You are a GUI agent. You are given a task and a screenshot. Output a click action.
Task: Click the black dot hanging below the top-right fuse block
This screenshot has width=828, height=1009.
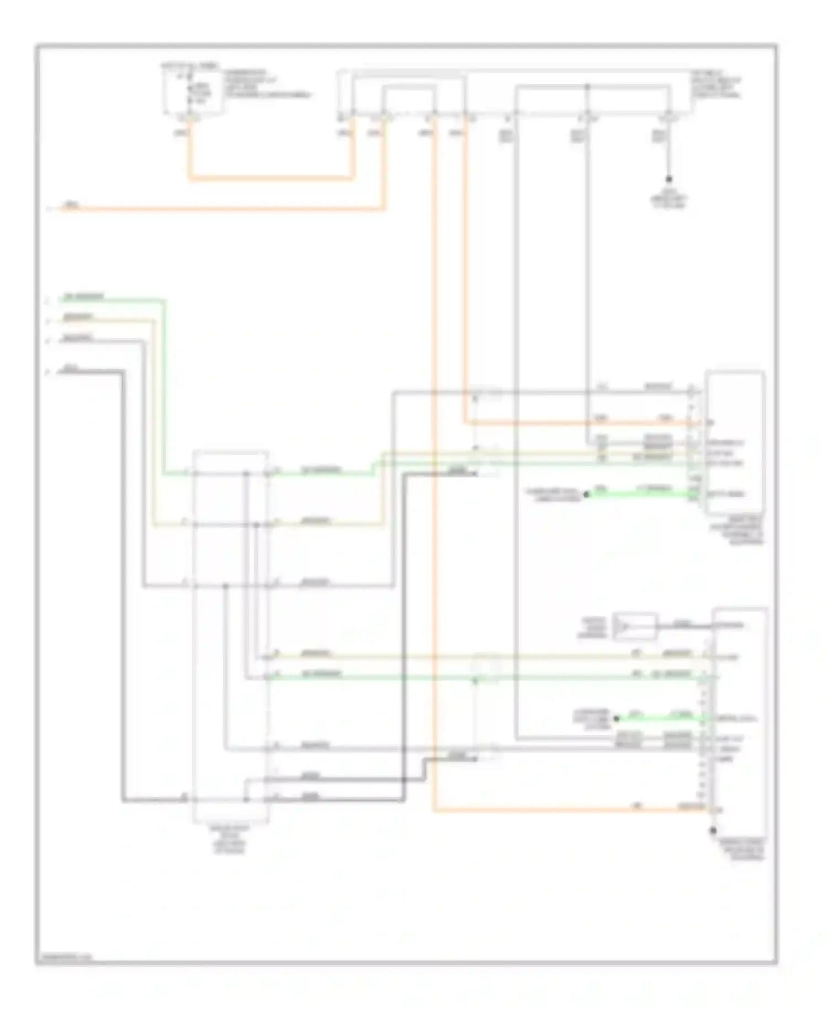[668, 179]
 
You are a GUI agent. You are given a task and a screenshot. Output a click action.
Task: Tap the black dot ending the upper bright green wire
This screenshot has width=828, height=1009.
[586, 495]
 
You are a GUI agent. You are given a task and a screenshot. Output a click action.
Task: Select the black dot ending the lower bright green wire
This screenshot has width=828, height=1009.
[617, 718]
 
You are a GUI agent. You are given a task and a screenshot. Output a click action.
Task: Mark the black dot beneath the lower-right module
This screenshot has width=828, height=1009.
[713, 830]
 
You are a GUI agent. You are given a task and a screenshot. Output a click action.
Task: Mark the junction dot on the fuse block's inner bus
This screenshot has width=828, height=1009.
[587, 87]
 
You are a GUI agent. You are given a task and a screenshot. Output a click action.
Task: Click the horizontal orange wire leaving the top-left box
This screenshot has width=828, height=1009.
[270, 178]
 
